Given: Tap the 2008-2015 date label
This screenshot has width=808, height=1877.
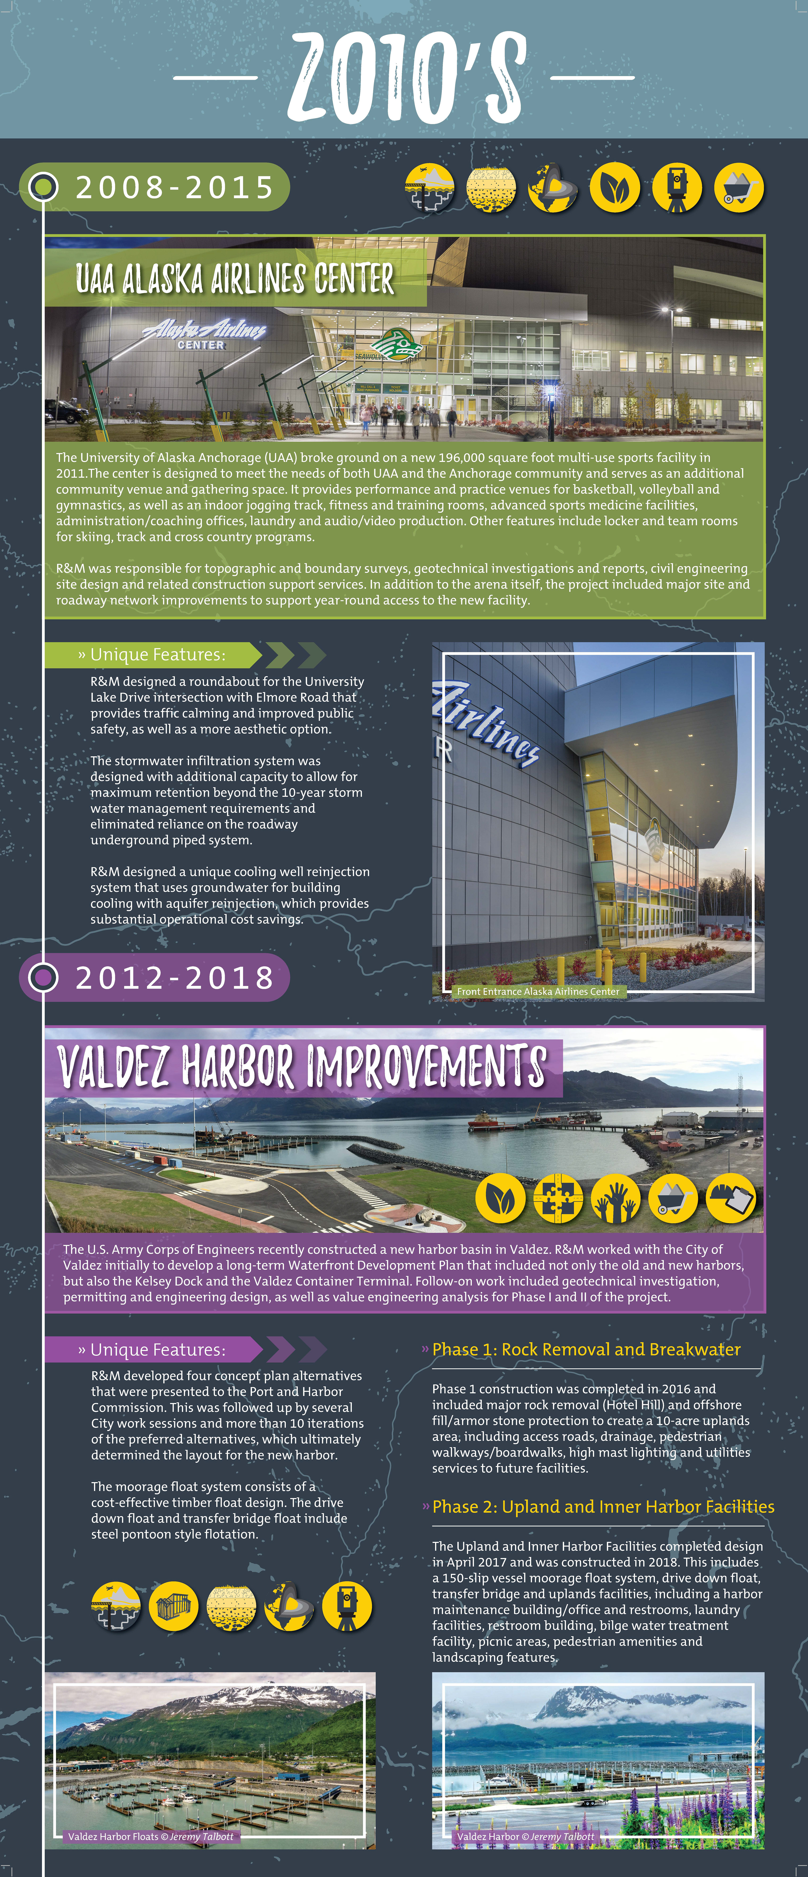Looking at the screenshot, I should click(x=175, y=187).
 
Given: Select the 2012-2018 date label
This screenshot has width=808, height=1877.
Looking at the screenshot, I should click(x=175, y=977).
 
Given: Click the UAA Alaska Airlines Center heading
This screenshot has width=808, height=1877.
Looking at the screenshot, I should click(x=235, y=278).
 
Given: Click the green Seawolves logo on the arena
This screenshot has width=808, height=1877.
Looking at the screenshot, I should click(x=397, y=345).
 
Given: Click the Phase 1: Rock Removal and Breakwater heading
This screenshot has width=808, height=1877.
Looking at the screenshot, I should click(x=586, y=1349).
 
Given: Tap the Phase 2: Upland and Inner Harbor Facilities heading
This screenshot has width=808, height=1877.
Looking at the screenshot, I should click(x=603, y=1507).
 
